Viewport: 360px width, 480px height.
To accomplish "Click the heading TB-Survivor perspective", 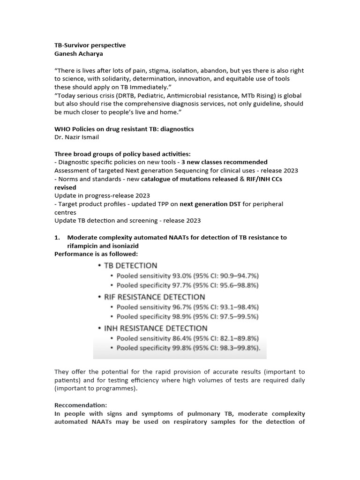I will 90,45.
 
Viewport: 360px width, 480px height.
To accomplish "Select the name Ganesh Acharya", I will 78,54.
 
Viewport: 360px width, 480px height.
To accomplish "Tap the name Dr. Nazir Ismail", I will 76,137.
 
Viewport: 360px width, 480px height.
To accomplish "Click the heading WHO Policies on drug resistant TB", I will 124,129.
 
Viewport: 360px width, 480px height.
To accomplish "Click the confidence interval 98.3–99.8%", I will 237,348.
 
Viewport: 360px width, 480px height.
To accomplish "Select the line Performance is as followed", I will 96,254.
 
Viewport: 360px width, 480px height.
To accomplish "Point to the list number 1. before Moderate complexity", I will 58,238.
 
